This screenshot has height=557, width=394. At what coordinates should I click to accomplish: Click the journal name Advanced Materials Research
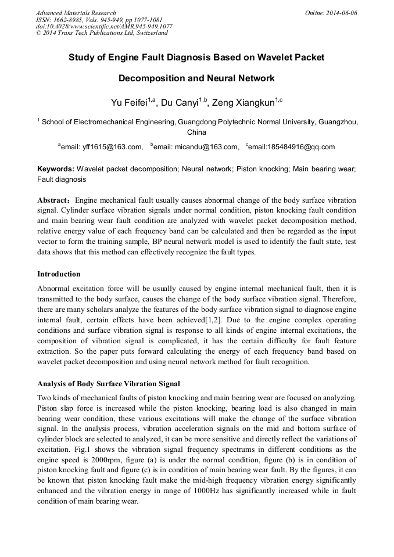coord(76,13)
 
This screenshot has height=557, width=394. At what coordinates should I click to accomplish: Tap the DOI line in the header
coord(104,26)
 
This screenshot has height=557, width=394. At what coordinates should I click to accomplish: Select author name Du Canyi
coord(179,103)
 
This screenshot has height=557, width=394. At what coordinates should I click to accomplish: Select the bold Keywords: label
coord(56,168)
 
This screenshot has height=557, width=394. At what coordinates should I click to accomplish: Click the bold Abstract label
coord(53,200)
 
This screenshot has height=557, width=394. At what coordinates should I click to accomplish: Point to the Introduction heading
coord(59,274)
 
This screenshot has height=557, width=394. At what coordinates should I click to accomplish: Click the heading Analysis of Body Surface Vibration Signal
coord(109,383)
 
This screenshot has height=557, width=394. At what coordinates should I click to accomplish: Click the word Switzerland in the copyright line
coord(152,33)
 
